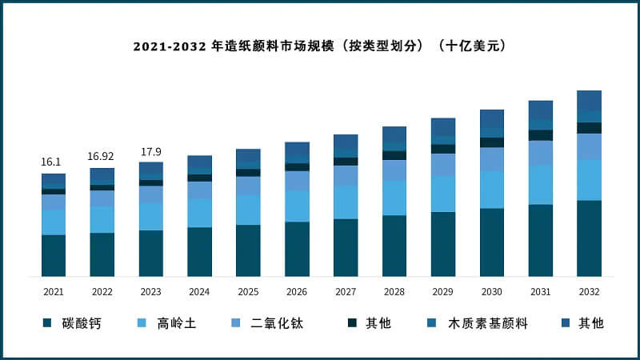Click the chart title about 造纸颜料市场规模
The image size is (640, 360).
click(x=320, y=46)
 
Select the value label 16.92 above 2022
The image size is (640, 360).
click(x=102, y=156)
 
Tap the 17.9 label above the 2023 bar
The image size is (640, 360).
click(x=150, y=151)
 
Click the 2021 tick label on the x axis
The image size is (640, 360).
click(x=54, y=292)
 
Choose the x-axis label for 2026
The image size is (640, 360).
click(x=297, y=292)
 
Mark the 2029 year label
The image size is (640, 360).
click(x=443, y=292)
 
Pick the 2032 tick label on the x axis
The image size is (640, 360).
click(x=589, y=292)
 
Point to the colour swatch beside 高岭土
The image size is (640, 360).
click(x=143, y=323)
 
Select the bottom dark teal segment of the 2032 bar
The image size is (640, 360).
click(x=589, y=238)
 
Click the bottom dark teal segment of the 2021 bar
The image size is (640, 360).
click(x=54, y=255)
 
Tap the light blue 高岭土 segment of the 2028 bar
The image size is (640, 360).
click(x=394, y=198)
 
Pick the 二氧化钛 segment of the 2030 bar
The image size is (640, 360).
click(x=492, y=159)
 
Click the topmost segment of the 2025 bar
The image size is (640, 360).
click(x=248, y=156)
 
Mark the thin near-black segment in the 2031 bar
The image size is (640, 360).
click(x=541, y=135)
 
